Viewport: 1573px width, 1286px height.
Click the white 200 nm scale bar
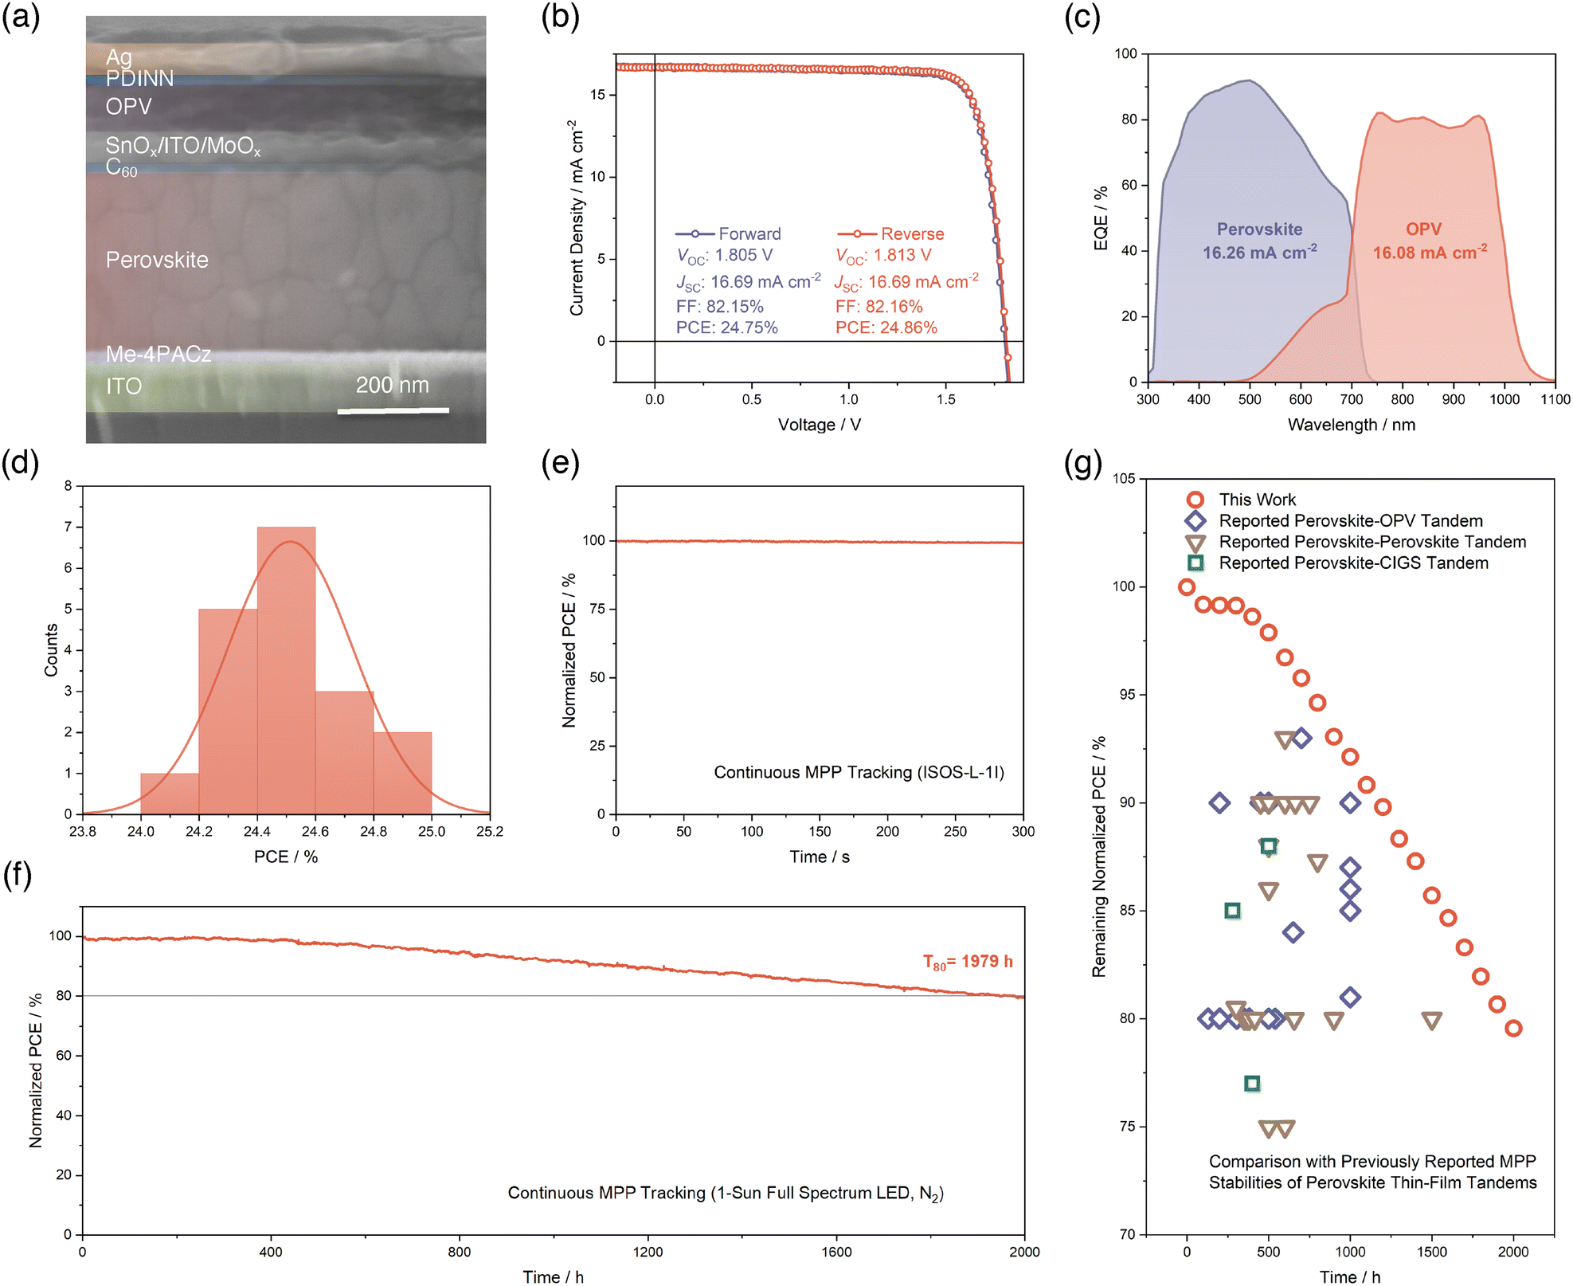coord(393,411)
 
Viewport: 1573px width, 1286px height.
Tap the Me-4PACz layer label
coord(158,354)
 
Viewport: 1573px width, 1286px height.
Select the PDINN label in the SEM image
coord(139,78)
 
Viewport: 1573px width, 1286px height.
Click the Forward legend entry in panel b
coord(728,233)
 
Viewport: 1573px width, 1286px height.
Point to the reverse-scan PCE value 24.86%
coord(886,327)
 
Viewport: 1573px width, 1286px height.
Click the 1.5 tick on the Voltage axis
coord(945,399)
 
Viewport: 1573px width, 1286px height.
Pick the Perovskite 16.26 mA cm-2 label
coord(1259,241)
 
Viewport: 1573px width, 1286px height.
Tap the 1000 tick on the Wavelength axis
coord(1504,399)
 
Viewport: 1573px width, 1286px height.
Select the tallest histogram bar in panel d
coord(286,669)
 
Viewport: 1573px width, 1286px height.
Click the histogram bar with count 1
coord(170,793)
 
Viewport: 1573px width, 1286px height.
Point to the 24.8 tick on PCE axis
coord(374,831)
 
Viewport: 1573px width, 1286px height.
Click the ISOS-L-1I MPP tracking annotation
coord(859,772)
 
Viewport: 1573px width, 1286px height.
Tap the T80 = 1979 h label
coord(967,962)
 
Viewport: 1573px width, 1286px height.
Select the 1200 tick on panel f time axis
coord(648,1252)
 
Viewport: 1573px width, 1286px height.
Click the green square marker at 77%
coord(1252,1084)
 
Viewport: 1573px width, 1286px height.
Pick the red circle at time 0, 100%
coord(1187,587)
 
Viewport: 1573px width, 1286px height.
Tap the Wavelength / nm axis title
coord(1351,425)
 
